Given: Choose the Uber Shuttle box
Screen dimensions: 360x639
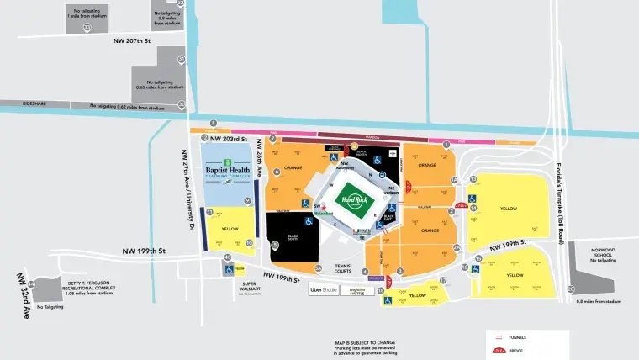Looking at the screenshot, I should [324, 289].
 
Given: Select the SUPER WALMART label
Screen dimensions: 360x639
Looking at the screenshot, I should [251, 287].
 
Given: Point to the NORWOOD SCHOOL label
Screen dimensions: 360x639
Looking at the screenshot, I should [602, 253].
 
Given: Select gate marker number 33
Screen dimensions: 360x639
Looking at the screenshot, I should [87, 27].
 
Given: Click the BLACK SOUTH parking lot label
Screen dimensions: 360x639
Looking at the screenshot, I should [292, 238].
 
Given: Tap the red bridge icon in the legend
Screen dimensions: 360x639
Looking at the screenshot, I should [498, 349].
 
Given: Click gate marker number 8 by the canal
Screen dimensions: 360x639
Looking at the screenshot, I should [214, 123].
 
